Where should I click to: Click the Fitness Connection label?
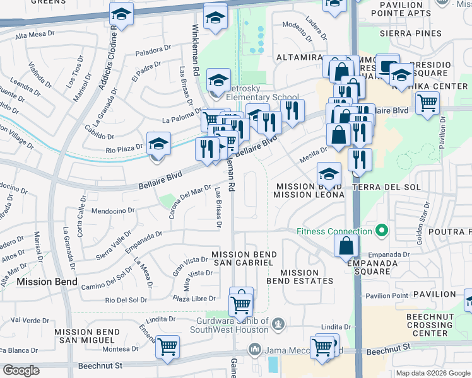pyautogui.click(x=334, y=231)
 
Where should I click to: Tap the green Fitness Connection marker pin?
pyautogui.click(x=381, y=231)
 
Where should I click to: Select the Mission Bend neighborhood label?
pyautogui.click(x=47, y=282)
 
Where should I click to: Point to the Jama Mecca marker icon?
pyautogui.click(x=255, y=348)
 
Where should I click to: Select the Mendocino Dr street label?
pyautogui.click(x=113, y=210)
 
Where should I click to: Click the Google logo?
pyautogui.click(x=21, y=370)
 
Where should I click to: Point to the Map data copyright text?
pyautogui.click(x=432, y=373)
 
